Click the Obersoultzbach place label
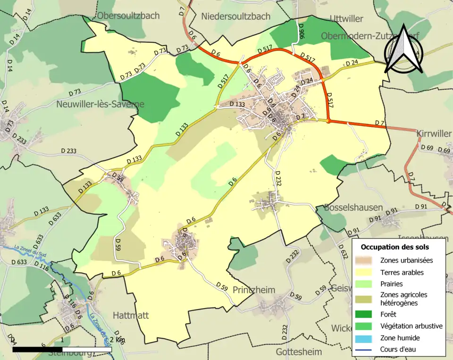pyautogui.click(x=128, y=16)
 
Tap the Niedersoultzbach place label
pyautogui.click(x=235, y=16)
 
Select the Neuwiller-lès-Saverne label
pyautogui.click(x=100, y=104)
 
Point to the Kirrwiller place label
pyautogui.click(x=434, y=134)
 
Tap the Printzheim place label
pyautogui.click(x=254, y=290)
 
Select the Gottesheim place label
pyautogui.click(x=299, y=352)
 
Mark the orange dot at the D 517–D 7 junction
pyautogui.click(x=328, y=121)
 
